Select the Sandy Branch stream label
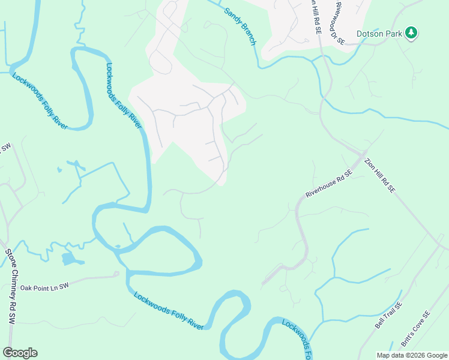pos(240,26)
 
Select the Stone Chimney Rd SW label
pos(11,287)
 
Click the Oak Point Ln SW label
pos(45,287)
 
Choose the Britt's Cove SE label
pos(416,330)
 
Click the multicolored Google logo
pos(20,352)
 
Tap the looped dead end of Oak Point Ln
pos(116,274)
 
